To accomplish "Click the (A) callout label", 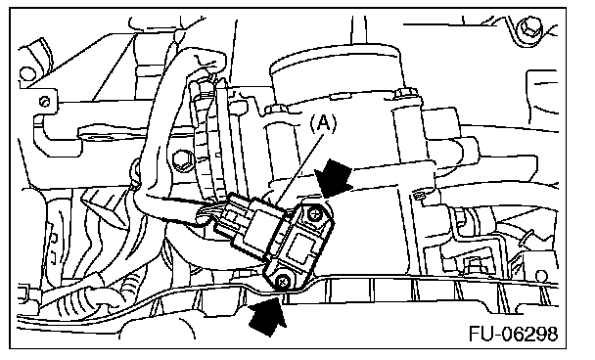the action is coord(323,123).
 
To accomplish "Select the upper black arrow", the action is coord(333,178).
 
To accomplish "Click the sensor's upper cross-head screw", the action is coord(314,214).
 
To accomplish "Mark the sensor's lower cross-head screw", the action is coord(282,282).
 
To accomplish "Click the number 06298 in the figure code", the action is coord(530,334).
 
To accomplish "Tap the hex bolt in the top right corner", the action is coord(531,27).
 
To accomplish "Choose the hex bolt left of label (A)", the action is coord(183,160).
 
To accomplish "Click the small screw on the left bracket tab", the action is coord(45,102).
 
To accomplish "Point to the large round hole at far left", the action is coord(27,74).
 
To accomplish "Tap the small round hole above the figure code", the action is coord(542,276).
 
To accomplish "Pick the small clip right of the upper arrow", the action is coord(419,196).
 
